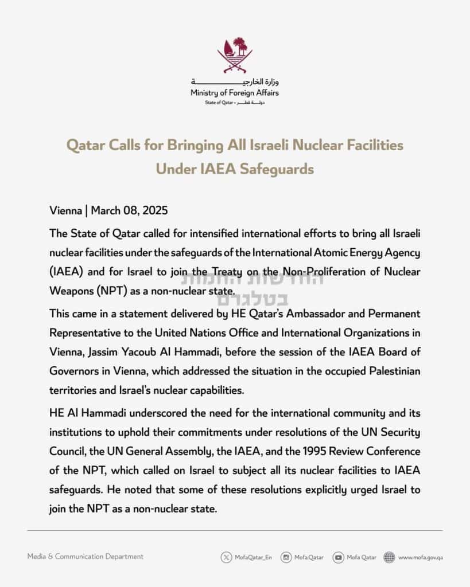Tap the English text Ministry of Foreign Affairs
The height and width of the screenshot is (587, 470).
pyautogui.click(x=235, y=93)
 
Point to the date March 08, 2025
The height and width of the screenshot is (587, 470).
pyautogui.click(x=129, y=210)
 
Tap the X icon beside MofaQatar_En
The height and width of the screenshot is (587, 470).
pyautogui.click(x=227, y=557)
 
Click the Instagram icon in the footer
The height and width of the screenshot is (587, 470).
pyautogui.click(x=286, y=557)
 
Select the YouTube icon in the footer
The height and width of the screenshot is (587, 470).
pyautogui.click(x=339, y=557)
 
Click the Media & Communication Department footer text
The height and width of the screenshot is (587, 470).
pyautogui.click(x=86, y=556)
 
